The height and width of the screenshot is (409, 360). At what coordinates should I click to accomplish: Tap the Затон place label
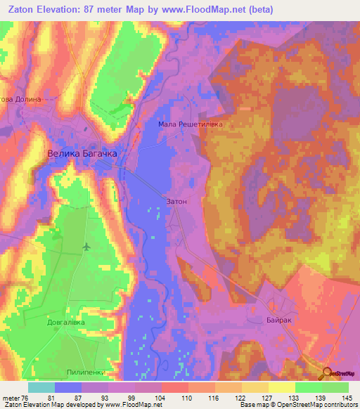(x=176, y=201)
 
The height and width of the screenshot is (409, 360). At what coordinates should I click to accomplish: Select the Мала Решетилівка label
(x=191, y=124)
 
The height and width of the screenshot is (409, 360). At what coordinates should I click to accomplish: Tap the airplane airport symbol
(x=86, y=247)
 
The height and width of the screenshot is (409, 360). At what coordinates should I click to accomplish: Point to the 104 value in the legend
(x=161, y=397)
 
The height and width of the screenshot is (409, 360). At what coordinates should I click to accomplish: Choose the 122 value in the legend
(x=240, y=397)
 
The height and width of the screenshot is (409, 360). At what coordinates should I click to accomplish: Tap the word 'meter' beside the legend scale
(x=10, y=397)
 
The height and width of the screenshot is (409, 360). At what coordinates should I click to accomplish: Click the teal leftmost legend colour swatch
(x=41, y=387)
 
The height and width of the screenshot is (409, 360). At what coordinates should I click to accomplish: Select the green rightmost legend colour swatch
(x=335, y=387)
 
